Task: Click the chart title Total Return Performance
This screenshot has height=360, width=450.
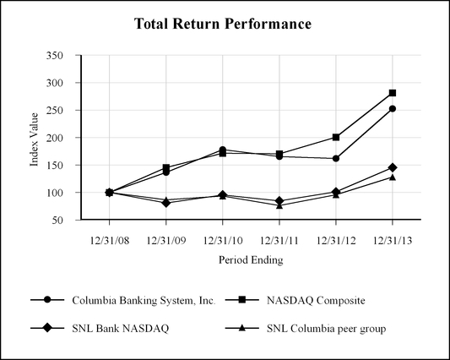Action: [x=223, y=24]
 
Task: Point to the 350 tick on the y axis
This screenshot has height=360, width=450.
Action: [x=55, y=55]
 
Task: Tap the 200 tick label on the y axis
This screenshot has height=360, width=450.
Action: [x=55, y=138]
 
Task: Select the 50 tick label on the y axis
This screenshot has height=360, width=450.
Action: [x=57, y=220]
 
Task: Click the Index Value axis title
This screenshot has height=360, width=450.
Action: [x=34, y=139]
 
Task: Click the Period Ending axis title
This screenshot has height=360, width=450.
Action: [x=251, y=259]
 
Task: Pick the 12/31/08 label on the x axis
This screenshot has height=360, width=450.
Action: [x=110, y=241]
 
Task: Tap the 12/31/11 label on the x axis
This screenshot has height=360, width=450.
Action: [x=279, y=241]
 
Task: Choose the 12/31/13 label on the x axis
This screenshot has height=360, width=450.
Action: [x=393, y=241]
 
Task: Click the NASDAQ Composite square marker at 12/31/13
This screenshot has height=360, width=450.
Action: [x=393, y=93]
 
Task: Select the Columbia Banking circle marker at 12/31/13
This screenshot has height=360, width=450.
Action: [x=393, y=109]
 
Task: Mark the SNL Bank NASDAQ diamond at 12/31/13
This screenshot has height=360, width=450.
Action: [x=393, y=167]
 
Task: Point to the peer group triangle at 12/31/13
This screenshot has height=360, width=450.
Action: [x=393, y=177]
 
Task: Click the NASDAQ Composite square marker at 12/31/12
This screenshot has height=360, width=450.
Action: [x=336, y=137]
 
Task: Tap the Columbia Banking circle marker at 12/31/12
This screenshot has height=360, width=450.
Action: [x=336, y=158]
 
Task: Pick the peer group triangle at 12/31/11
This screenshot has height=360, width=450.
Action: [x=279, y=205]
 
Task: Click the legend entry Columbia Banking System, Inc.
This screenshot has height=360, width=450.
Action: [x=144, y=301]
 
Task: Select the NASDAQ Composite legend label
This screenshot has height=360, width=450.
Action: [x=316, y=301]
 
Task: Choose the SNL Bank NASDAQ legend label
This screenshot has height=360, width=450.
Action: [x=121, y=329]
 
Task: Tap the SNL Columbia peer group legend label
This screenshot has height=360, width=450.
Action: [x=326, y=329]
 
